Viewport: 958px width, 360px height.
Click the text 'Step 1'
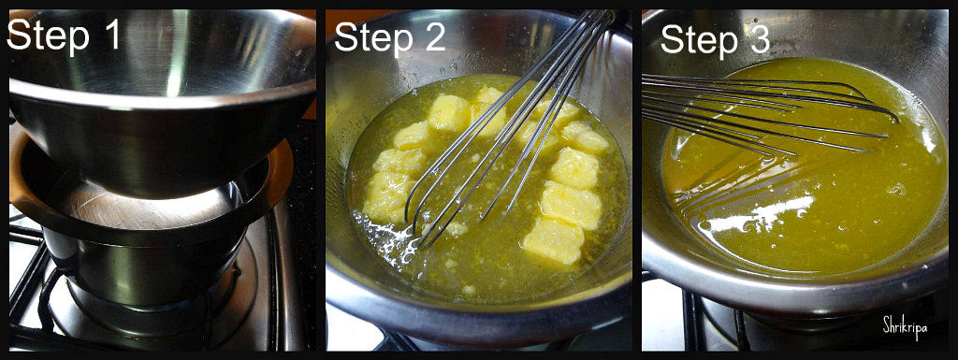(x=64, y=35)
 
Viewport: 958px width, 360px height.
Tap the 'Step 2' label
(x=390, y=37)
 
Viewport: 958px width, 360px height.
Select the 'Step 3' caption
(x=715, y=39)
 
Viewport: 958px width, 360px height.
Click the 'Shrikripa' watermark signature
(x=905, y=327)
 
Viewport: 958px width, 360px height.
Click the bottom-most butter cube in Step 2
(x=554, y=241)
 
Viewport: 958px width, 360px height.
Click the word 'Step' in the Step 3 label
(x=698, y=41)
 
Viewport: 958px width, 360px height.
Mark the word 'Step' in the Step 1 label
(x=45, y=36)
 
